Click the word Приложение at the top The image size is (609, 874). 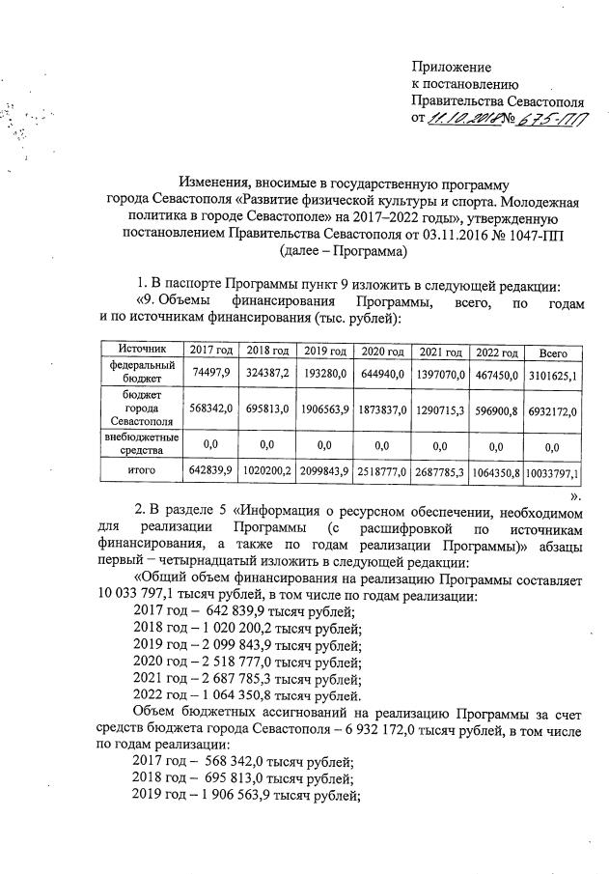pyautogui.click(x=451, y=68)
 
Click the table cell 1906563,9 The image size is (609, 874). pyautogui.click(x=324, y=409)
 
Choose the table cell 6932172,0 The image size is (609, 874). pyautogui.click(x=553, y=411)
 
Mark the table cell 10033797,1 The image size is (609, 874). pyautogui.click(x=553, y=472)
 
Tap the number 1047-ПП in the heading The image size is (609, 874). pyautogui.click(x=539, y=234)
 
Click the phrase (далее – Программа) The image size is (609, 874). pyautogui.click(x=343, y=251)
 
